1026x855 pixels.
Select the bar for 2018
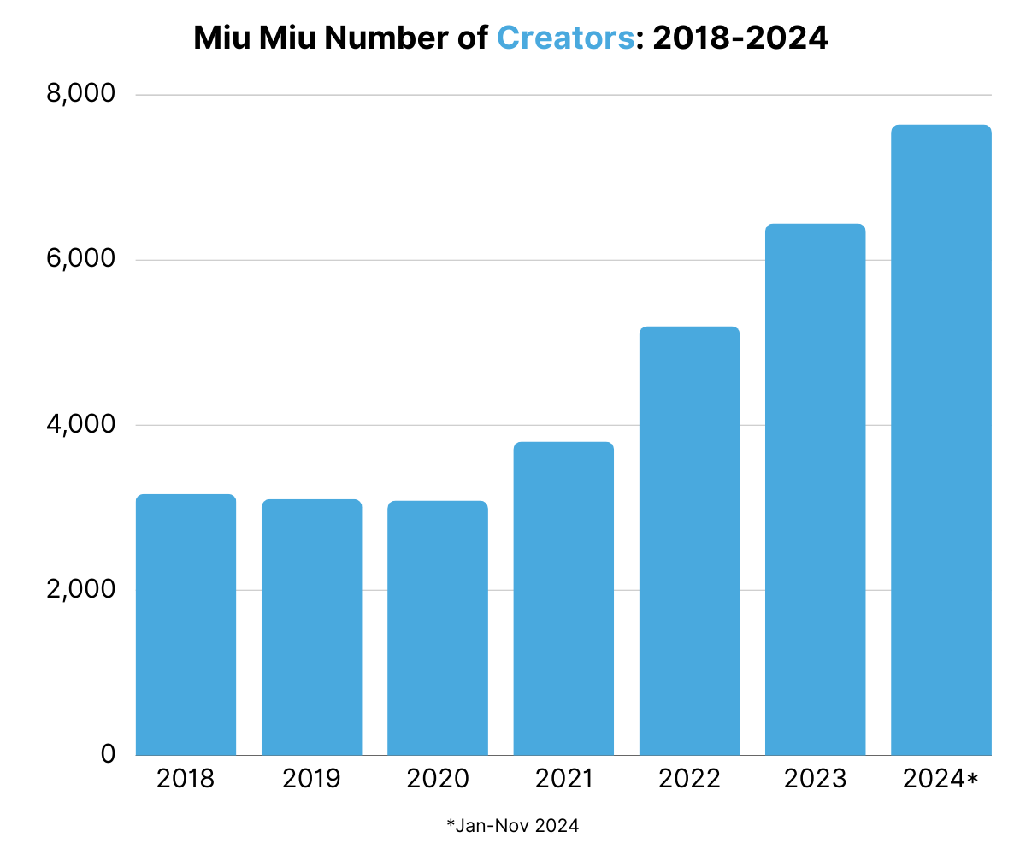pos(186,624)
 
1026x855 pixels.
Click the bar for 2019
pos(311,627)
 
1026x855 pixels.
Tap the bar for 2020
pos(437,628)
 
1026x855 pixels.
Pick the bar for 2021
pos(563,598)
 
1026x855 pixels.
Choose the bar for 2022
pos(689,540)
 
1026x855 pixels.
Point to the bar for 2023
pos(815,489)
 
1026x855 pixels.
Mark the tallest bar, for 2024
pos(941,439)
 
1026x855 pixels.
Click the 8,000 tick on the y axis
pos(81,93)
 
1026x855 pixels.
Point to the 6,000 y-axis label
pos(81,258)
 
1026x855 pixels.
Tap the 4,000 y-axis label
pos(81,423)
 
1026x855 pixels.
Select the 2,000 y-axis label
pos(81,588)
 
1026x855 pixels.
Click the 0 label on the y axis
pos(108,753)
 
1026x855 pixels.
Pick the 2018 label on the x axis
pos(186,779)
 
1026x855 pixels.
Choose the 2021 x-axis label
pos(563,779)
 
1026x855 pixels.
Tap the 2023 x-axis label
pos(815,779)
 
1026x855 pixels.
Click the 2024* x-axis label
pos(940,779)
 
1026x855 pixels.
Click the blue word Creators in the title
pos(565,38)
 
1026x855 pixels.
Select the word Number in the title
pos(386,38)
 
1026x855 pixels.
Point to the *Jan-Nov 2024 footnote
pos(512,826)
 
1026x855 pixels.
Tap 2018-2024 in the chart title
pos(740,38)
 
